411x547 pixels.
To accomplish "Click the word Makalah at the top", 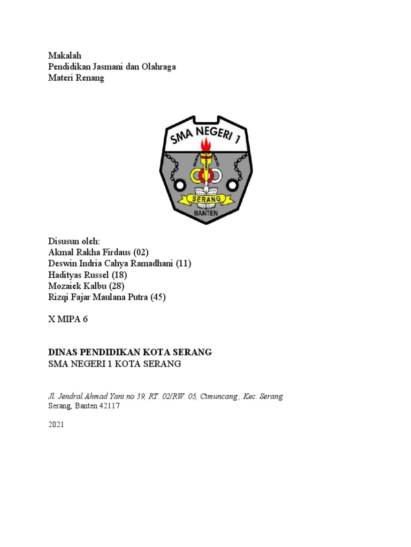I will point(64,55).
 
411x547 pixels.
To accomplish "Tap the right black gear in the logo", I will point(232,185).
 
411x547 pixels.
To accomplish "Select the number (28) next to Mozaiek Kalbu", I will point(116,286).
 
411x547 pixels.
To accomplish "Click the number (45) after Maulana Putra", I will point(157,297).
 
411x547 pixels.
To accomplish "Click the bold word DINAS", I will point(64,352).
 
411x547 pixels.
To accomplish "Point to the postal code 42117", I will point(108,406).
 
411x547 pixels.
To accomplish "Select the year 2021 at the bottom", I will point(57,425).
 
